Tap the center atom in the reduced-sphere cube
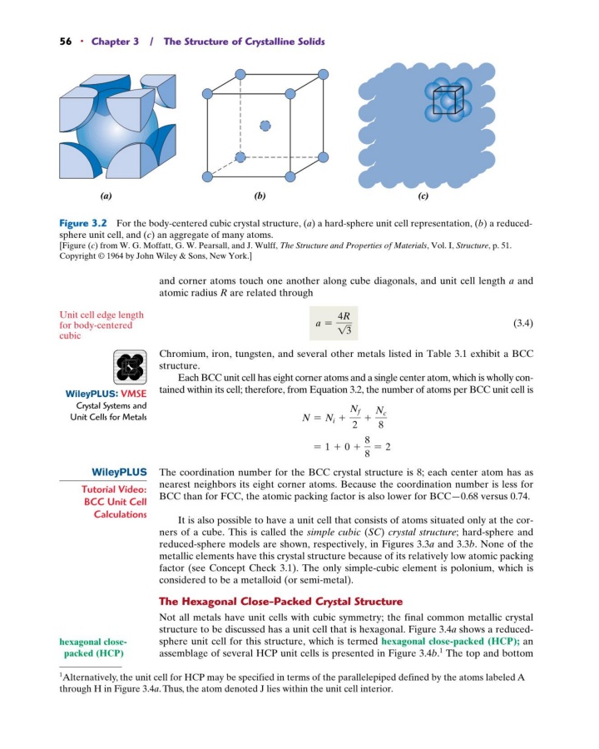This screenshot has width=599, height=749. pyautogui.click(x=265, y=126)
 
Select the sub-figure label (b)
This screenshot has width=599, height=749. pyautogui.click(x=265, y=197)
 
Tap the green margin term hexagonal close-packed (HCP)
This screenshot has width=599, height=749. pyautogui.click(x=92, y=647)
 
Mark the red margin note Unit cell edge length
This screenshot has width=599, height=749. pyautogui.click(x=101, y=315)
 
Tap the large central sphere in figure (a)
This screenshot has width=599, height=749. pyautogui.click(x=106, y=127)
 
